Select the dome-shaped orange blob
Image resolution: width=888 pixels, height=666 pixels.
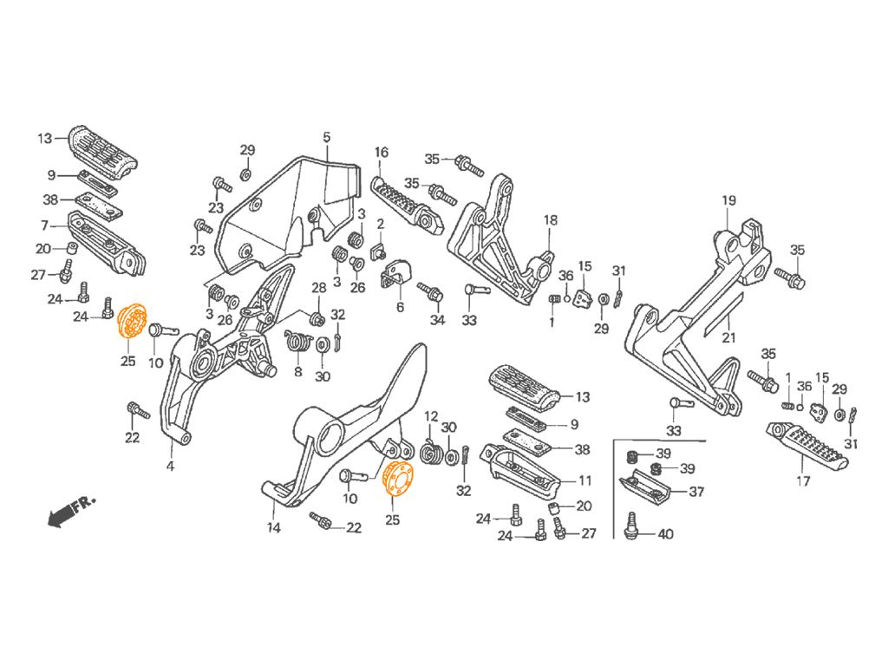coord(404,483)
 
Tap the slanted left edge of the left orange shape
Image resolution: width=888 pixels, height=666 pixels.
coord(114,317)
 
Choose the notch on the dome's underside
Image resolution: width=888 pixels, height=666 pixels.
coord(391,498)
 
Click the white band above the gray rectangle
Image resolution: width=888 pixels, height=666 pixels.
coord(444,61)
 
